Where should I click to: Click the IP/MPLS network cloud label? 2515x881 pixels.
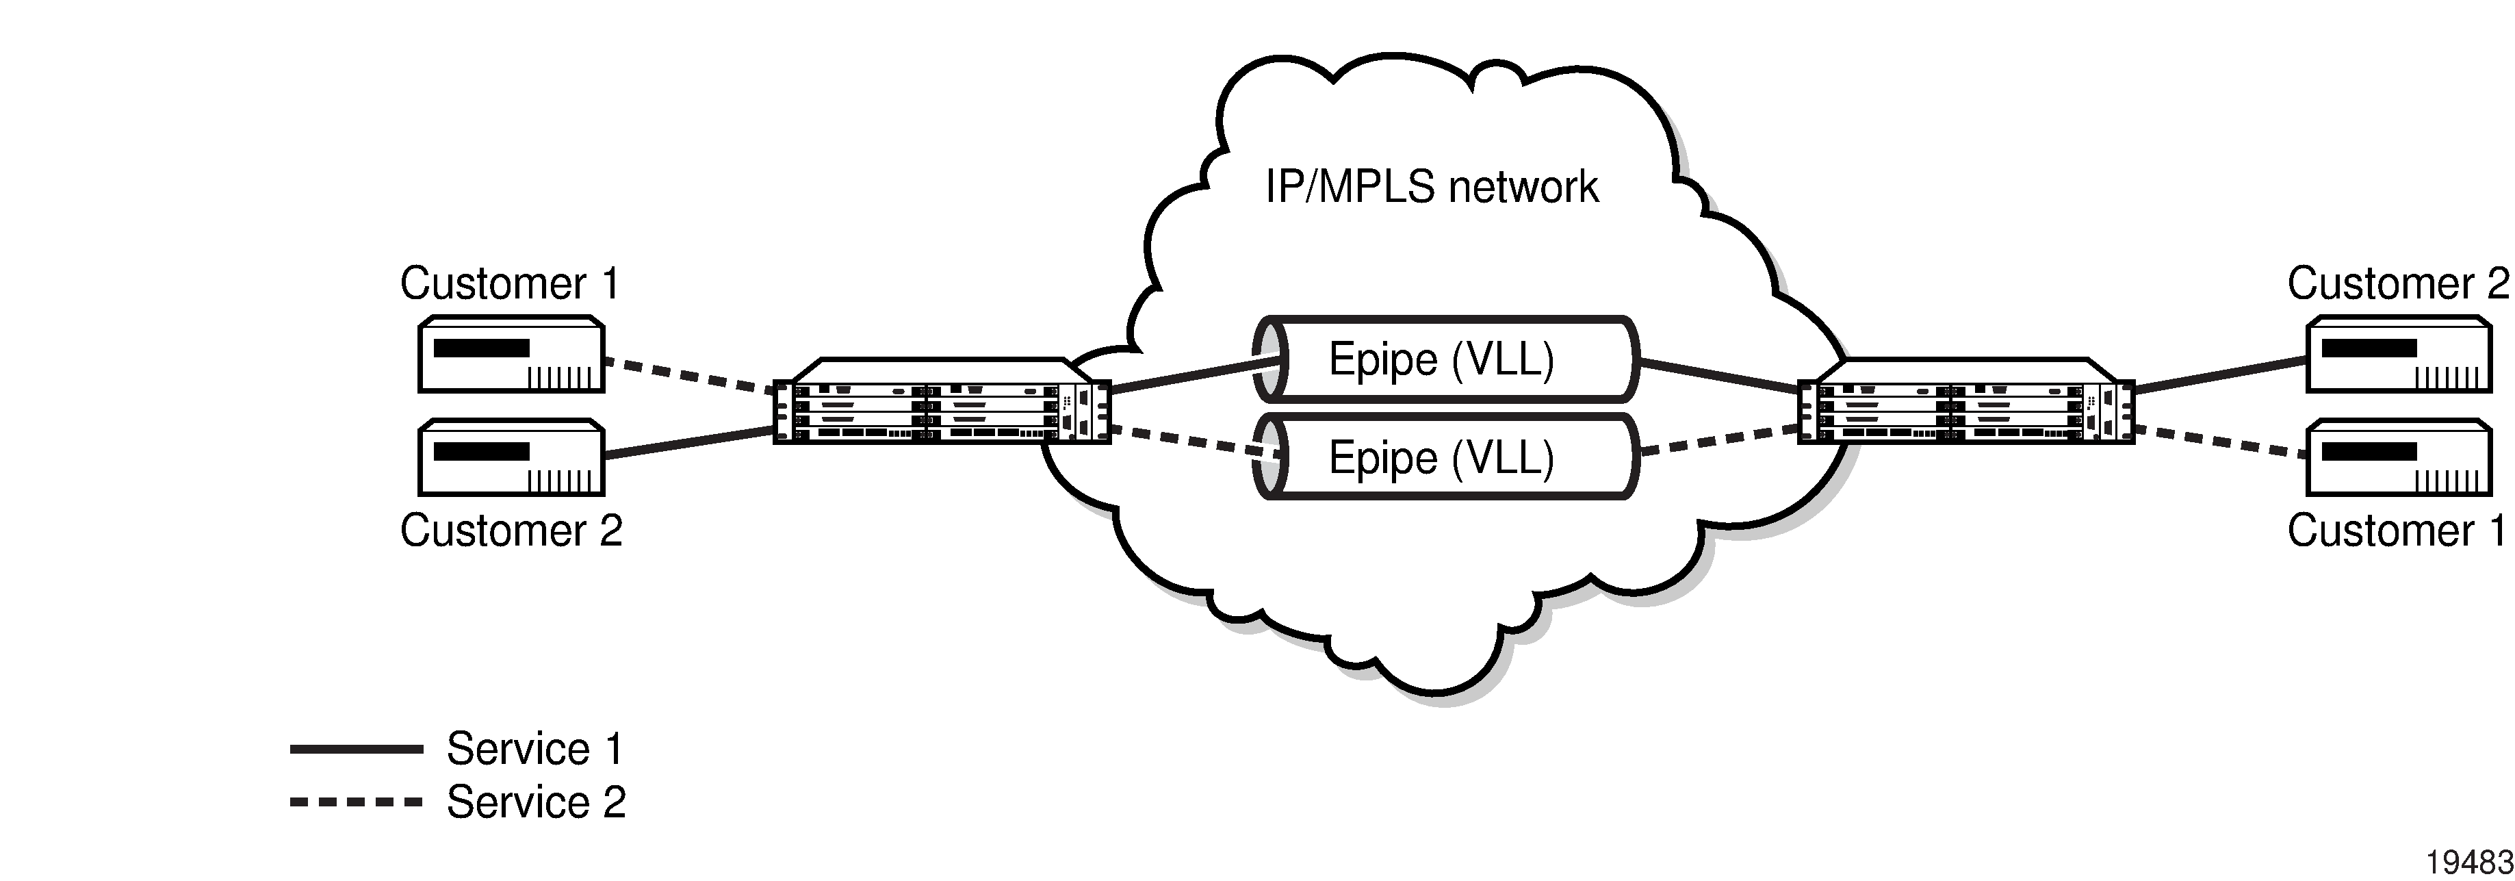[x=1431, y=187]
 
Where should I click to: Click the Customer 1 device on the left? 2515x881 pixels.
[x=511, y=354]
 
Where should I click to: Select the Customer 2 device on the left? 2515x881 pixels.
[x=511, y=457]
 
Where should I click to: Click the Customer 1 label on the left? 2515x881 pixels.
[x=510, y=283]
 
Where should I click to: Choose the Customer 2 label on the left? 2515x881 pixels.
[x=511, y=531]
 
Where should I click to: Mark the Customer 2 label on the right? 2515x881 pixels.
[x=2397, y=283]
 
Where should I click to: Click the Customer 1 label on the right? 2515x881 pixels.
[x=2397, y=531]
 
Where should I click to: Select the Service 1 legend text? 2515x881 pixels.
[x=534, y=749]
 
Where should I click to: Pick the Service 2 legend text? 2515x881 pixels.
[x=535, y=802]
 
